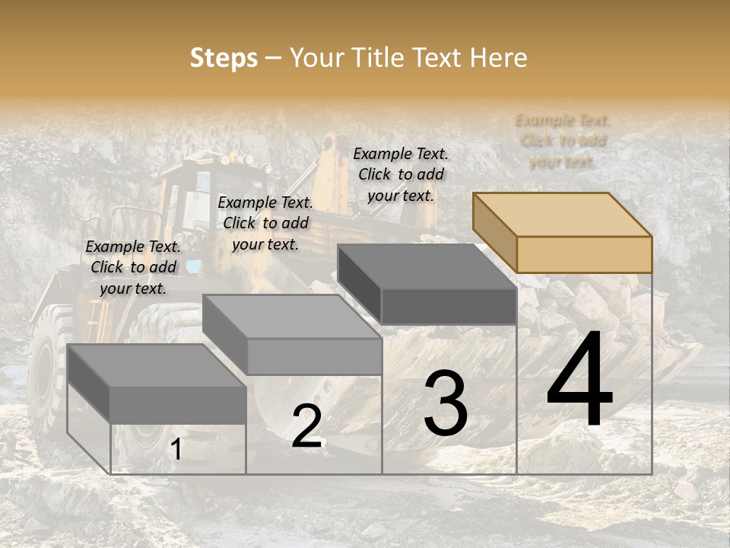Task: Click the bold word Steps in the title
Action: click(x=224, y=58)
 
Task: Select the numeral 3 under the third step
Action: click(x=446, y=403)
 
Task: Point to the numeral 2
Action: click(x=306, y=426)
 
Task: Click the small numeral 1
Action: click(x=176, y=450)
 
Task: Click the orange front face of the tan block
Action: click(x=584, y=254)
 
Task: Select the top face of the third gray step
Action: click(x=426, y=267)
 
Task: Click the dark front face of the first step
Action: click(x=178, y=404)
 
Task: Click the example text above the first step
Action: click(x=133, y=267)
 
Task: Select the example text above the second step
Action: click(x=265, y=223)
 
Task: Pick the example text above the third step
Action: click(x=401, y=174)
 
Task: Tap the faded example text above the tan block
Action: click(x=563, y=141)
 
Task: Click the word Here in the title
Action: click(x=498, y=58)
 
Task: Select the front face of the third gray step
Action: click(x=448, y=307)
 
